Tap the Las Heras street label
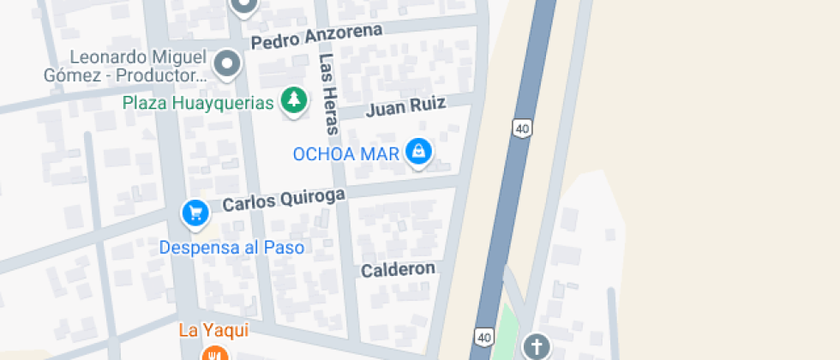click(x=328, y=94)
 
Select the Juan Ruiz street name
click(x=406, y=107)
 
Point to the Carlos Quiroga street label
click(x=284, y=200)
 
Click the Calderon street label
click(x=398, y=269)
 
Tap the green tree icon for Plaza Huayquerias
click(x=294, y=100)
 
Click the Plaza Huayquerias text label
click(x=198, y=103)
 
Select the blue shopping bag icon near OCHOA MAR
click(x=418, y=152)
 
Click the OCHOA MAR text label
click(x=346, y=154)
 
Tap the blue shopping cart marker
click(x=195, y=213)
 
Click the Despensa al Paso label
click(x=231, y=248)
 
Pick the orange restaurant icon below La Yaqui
click(x=213, y=353)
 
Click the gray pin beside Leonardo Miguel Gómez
click(x=226, y=63)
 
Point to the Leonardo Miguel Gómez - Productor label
click(x=126, y=67)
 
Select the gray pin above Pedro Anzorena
click(x=243, y=5)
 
